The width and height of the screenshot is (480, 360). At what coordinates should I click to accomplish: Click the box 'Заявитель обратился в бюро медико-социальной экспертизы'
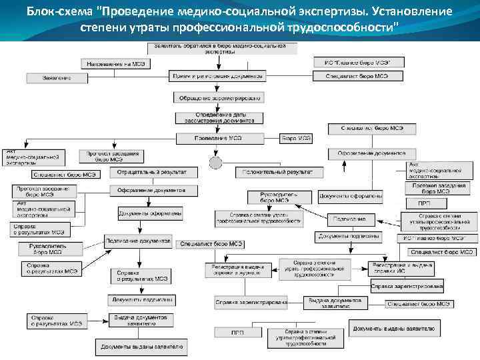tap(219, 48)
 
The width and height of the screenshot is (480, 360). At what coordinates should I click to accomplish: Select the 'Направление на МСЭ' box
tap(117, 63)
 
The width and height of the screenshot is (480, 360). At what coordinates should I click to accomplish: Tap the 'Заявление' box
tap(57, 78)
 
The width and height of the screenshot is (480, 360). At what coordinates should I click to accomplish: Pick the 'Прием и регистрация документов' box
tap(217, 76)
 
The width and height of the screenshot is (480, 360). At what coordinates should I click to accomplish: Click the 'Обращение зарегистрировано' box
tap(219, 97)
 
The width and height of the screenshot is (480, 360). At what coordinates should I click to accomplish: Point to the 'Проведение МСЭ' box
tap(217, 139)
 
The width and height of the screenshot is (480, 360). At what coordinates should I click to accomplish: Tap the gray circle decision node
tap(215, 163)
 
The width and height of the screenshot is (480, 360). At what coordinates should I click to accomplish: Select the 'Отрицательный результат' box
tap(153, 172)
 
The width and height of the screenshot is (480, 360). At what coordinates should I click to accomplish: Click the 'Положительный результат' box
tap(279, 172)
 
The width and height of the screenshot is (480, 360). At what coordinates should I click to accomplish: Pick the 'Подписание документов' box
tap(138, 240)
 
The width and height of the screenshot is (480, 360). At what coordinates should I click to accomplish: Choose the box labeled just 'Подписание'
tap(349, 219)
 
